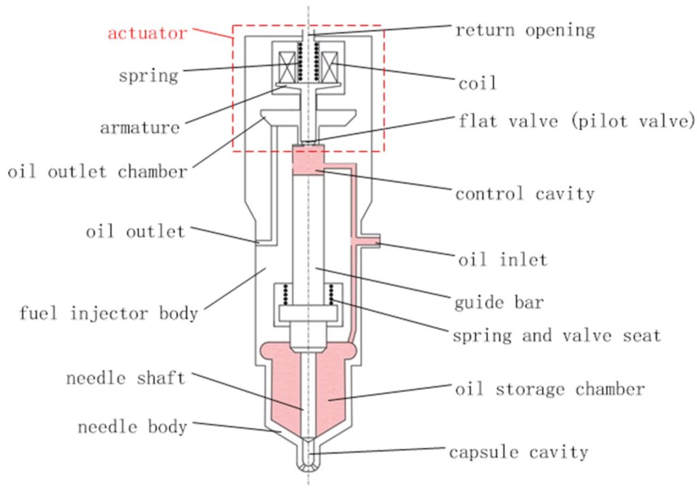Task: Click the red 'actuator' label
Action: tap(146, 33)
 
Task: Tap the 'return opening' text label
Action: tap(525, 30)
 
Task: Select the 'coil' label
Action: tap(476, 83)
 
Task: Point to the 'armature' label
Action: tap(140, 127)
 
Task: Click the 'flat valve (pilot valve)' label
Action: tap(576, 121)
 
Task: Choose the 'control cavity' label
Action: tap(525, 194)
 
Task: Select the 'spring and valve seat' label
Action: tap(556, 335)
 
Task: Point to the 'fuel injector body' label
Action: tap(108, 313)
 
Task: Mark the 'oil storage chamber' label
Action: tap(549, 389)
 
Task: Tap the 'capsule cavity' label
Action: tap(518, 451)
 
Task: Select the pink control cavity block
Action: tap(308, 160)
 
